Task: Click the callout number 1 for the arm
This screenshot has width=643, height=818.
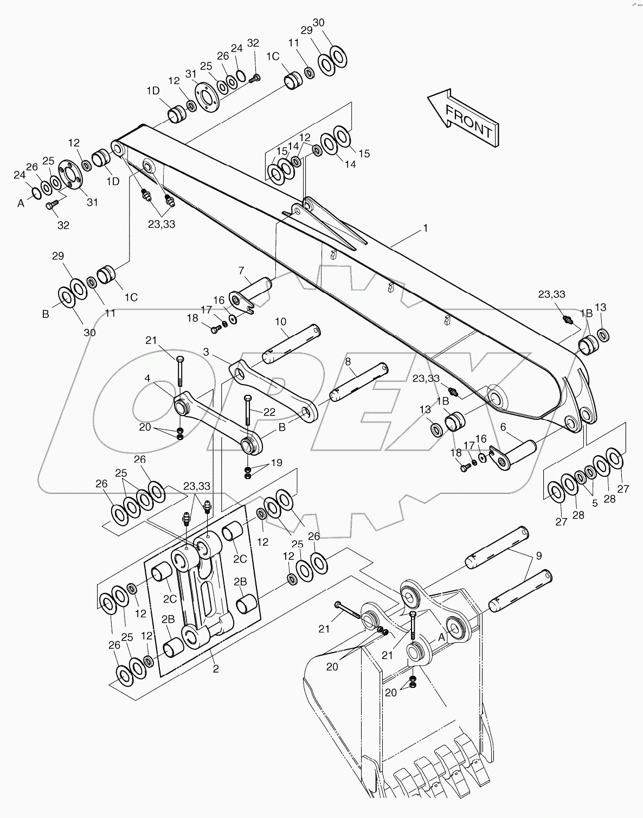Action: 426,228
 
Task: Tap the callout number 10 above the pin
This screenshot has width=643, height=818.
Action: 280,322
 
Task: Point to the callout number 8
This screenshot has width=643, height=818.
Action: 348,361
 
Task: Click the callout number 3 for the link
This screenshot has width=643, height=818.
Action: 206,352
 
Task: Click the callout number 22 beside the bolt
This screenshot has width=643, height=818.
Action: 269,412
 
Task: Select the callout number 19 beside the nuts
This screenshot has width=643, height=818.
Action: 277,463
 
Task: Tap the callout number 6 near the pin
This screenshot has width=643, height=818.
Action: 503,427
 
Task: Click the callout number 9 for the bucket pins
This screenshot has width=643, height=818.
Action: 538,555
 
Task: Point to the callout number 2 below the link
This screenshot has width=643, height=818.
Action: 215,669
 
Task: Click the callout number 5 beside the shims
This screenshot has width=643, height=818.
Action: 594,503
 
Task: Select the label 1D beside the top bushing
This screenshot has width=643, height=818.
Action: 153,91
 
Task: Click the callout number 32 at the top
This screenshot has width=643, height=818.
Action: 253,43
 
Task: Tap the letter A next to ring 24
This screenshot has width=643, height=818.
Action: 21,203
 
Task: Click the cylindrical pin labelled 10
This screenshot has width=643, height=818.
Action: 292,344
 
